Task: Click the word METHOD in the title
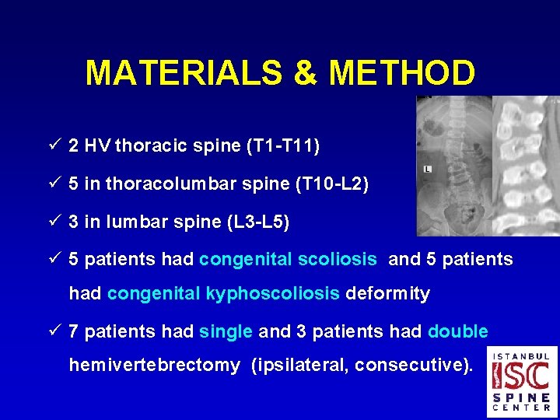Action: pyautogui.click(x=401, y=73)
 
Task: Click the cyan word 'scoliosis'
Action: pyautogui.click(x=339, y=259)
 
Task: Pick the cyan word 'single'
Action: pyautogui.click(x=226, y=331)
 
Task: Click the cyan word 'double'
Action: pyautogui.click(x=458, y=331)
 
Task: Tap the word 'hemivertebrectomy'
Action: pyautogui.click(x=155, y=365)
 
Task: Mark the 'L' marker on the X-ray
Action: pyautogui.click(x=428, y=169)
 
